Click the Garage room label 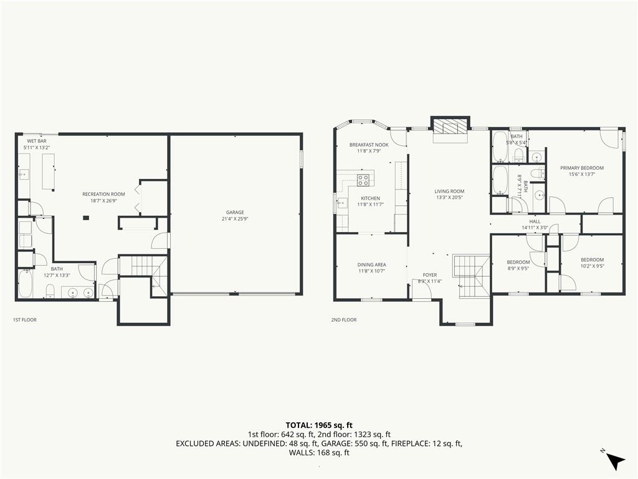(235, 212)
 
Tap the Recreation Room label (104, 195)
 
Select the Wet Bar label (37, 141)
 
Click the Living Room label (449, 191)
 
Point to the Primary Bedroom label (582, 168)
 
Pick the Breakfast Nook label (369, 145)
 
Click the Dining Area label (372, 264)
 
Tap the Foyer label (430, 275)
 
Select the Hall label (535, 221)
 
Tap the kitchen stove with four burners (363, 180)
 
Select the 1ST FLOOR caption (25, 320)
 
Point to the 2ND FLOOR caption (344, 320)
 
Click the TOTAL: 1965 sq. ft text (319, 425)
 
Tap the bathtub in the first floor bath (26, 284)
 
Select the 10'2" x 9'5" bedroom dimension (592, 266)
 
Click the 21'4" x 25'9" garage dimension (235, 218)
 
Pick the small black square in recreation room (86, 218)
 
